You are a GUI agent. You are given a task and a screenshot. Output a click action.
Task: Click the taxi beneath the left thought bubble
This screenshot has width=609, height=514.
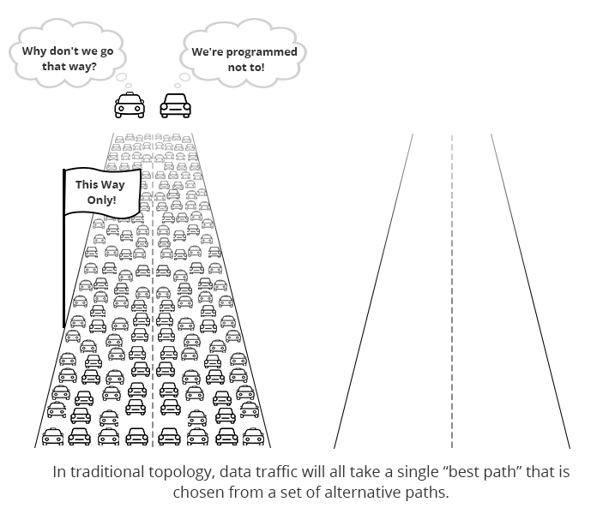(x=130, y=105)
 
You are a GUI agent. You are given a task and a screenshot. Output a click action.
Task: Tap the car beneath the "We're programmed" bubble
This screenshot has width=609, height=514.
(x=176, y=105)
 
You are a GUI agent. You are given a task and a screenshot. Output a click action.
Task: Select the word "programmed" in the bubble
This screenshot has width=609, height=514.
(x=262, y=52)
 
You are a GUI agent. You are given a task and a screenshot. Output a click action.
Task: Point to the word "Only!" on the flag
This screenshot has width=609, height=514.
(x=102, y=200)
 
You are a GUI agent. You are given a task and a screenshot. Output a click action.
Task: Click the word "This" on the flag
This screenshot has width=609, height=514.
(x=86, y=184)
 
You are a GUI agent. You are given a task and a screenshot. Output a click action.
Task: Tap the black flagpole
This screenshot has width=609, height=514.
(x=64, y=248)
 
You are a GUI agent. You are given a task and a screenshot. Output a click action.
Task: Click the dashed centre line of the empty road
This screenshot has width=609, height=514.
(x=452, y=291)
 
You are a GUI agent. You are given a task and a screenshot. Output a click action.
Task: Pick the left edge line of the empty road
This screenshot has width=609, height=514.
(x=373, y=291)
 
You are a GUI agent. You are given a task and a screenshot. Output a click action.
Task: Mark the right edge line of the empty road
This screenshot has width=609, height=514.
(x=531, y=291)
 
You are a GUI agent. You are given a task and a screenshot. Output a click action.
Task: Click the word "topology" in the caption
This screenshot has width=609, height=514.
(x=181, y=473)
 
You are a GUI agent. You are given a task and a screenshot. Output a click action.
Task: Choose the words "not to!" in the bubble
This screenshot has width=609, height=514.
(x=246, y=68)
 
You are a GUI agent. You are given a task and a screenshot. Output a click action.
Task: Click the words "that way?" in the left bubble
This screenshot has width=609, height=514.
(x=69, y=66)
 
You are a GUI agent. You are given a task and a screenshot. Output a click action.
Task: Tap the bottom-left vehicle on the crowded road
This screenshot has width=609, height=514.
(x=53, y=436)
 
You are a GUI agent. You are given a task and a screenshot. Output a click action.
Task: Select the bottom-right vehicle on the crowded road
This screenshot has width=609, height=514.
(x=254, y=436)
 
